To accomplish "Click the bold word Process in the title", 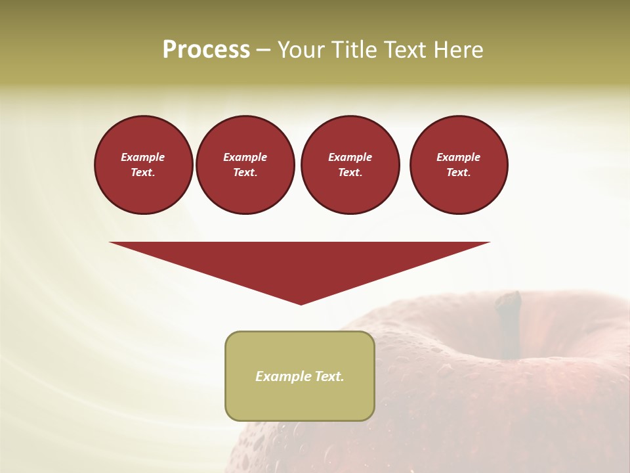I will click(x=206, y=50).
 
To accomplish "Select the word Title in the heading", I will click(x=354, y=50).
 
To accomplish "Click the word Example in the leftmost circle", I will click(x=143, y=157).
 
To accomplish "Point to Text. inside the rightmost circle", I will click(x=458, y=173).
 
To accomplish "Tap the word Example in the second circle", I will click(x=245, y=157).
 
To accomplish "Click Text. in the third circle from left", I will click(x=350, y=173).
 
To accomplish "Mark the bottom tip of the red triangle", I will click(x=301, y=303).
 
